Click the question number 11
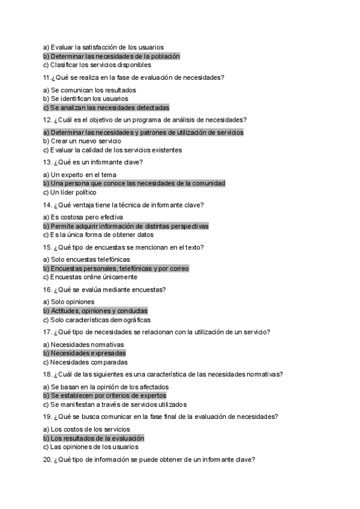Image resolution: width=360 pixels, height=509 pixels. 46,77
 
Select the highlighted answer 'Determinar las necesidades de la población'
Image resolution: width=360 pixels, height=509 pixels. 112,56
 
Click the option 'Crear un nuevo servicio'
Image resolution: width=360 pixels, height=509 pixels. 82,141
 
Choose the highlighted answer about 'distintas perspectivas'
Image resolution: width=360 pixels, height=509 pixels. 126,226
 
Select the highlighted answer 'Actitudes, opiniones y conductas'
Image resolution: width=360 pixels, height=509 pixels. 95,311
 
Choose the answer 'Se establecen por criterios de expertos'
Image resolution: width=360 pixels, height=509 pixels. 105,396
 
